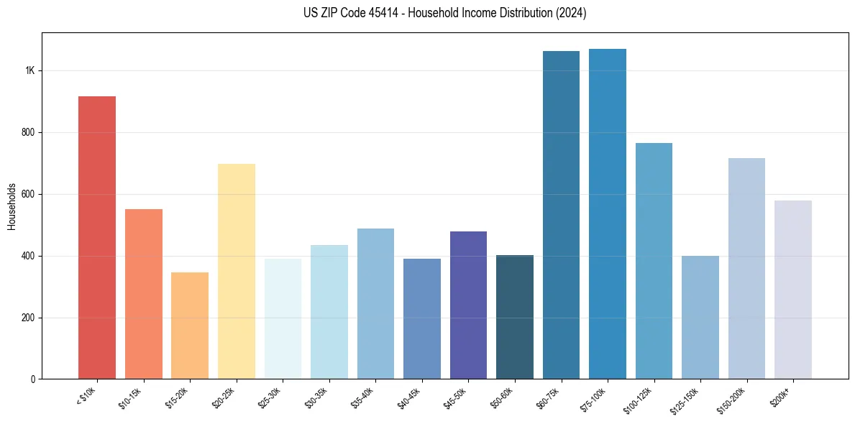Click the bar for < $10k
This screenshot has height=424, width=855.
coord(96,237)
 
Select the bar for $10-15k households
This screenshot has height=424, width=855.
coord(143,294)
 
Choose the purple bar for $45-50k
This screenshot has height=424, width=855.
coord(468,305)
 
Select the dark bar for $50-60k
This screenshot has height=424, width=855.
coord(514,317)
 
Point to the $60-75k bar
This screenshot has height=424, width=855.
coord(561,215)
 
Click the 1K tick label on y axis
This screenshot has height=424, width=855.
coord(29,71)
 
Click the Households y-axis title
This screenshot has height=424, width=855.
coord(12,206)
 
